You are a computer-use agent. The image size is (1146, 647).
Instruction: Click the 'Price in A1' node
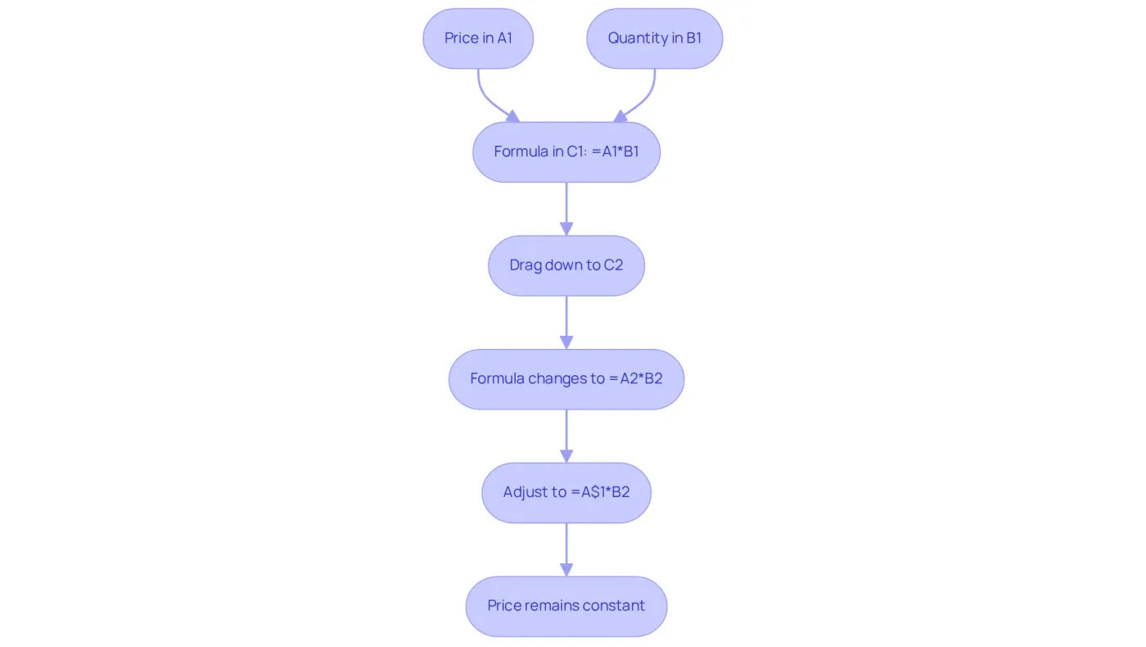click(478, 38)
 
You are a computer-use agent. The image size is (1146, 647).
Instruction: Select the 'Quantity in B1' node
click(654, 38)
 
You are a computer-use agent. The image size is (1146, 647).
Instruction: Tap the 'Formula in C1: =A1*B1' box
click(566, 152)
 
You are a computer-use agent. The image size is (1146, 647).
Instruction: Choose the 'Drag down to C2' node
click(566, 265)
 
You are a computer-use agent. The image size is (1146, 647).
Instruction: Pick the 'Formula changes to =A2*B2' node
click(566, 379)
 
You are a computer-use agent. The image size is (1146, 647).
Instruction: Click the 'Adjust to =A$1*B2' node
click(566, 493)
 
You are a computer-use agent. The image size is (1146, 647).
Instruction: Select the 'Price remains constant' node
click(566, 607)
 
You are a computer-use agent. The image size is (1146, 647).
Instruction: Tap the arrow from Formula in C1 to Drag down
click(566, 209)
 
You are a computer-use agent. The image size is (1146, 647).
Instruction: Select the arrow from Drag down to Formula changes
click(566, 323)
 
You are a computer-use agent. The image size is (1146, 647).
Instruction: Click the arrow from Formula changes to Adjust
click(566, 436)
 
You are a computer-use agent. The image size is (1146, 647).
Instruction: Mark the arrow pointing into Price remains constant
click(566, 550)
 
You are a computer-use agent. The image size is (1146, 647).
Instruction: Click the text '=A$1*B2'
click(600, 492)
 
